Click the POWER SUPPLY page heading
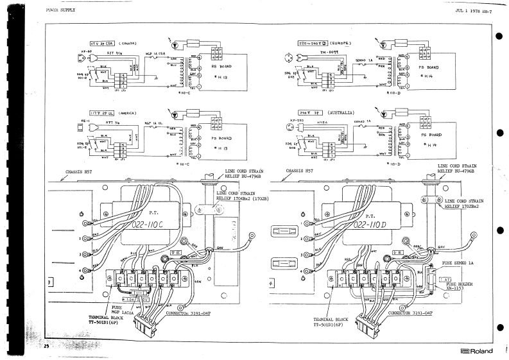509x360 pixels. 60,11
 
